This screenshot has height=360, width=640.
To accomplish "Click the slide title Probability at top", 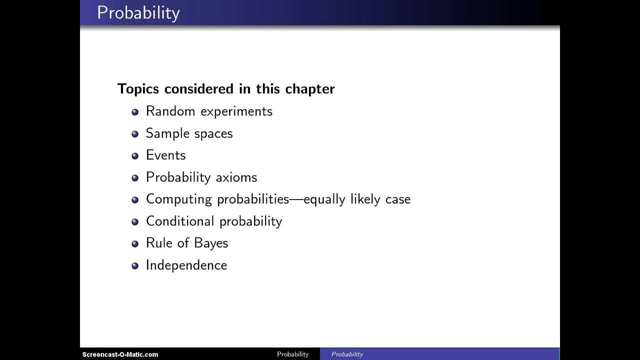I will [x=138, y=12].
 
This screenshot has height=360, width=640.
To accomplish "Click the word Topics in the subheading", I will [x=138, y=89].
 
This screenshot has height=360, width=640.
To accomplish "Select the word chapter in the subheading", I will [x=309, y=89].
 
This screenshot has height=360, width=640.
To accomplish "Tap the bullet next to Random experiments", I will [x=135, y=112].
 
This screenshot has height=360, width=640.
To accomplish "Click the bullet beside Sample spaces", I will [x=135, y=134].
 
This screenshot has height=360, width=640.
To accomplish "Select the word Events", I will [x=165, y=155].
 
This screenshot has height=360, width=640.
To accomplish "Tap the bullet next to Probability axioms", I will [x=135, y=178].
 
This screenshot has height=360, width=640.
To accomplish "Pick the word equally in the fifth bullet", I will [x=325, y=199].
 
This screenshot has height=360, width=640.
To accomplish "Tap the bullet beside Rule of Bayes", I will [x=135, y=244].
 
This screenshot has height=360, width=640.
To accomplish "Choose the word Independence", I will [x=186, y=265].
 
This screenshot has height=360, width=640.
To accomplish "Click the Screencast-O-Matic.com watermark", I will [x=120, y=354].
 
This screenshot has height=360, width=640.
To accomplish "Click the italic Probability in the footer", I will [x=347, y=354].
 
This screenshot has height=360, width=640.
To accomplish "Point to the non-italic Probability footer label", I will [x=292, y=354].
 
